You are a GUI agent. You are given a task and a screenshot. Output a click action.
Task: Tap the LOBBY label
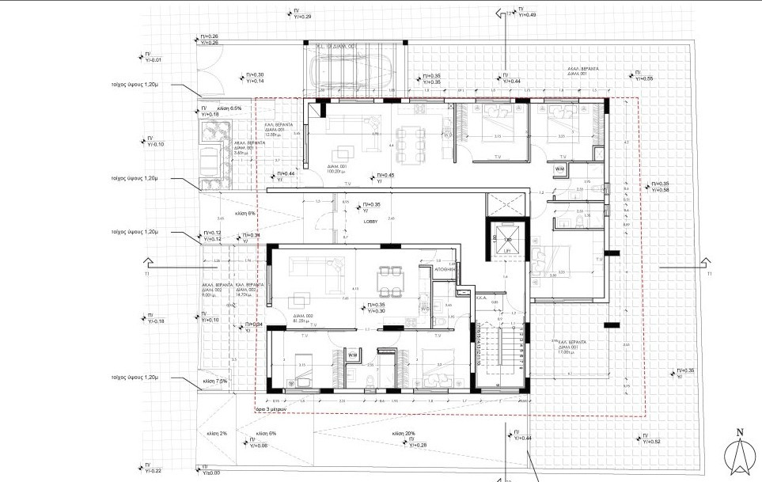point(370,222)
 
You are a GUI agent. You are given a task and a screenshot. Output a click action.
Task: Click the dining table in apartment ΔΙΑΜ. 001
point(409,142)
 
